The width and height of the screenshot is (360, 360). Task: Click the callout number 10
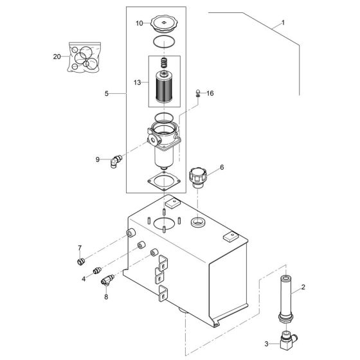point(139,24)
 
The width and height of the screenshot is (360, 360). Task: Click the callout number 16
point(210,93)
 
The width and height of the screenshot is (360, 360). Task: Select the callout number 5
point(107,93)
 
